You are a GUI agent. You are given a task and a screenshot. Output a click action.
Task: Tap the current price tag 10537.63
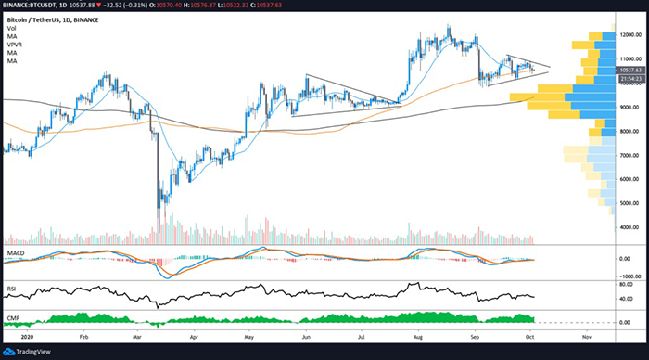pos(630,70)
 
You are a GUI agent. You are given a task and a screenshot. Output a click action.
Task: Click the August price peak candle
pos(449,29)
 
